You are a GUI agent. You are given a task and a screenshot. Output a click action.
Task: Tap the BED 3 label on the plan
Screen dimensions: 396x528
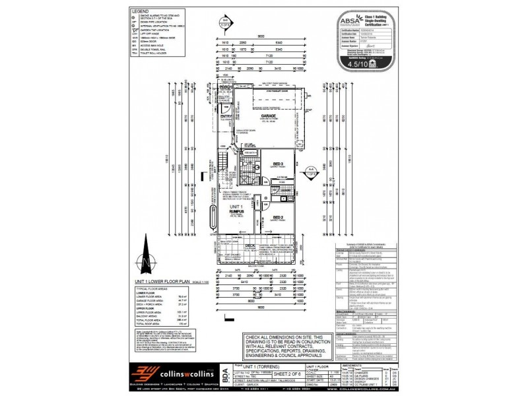pyautogui.click(x=278, y=164)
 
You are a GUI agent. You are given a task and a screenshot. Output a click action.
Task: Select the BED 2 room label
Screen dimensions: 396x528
pyautogui.click(x=277, y=217)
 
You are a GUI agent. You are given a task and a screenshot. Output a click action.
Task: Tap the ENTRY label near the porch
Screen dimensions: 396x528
pyautogui.click(x=226, y=118)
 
